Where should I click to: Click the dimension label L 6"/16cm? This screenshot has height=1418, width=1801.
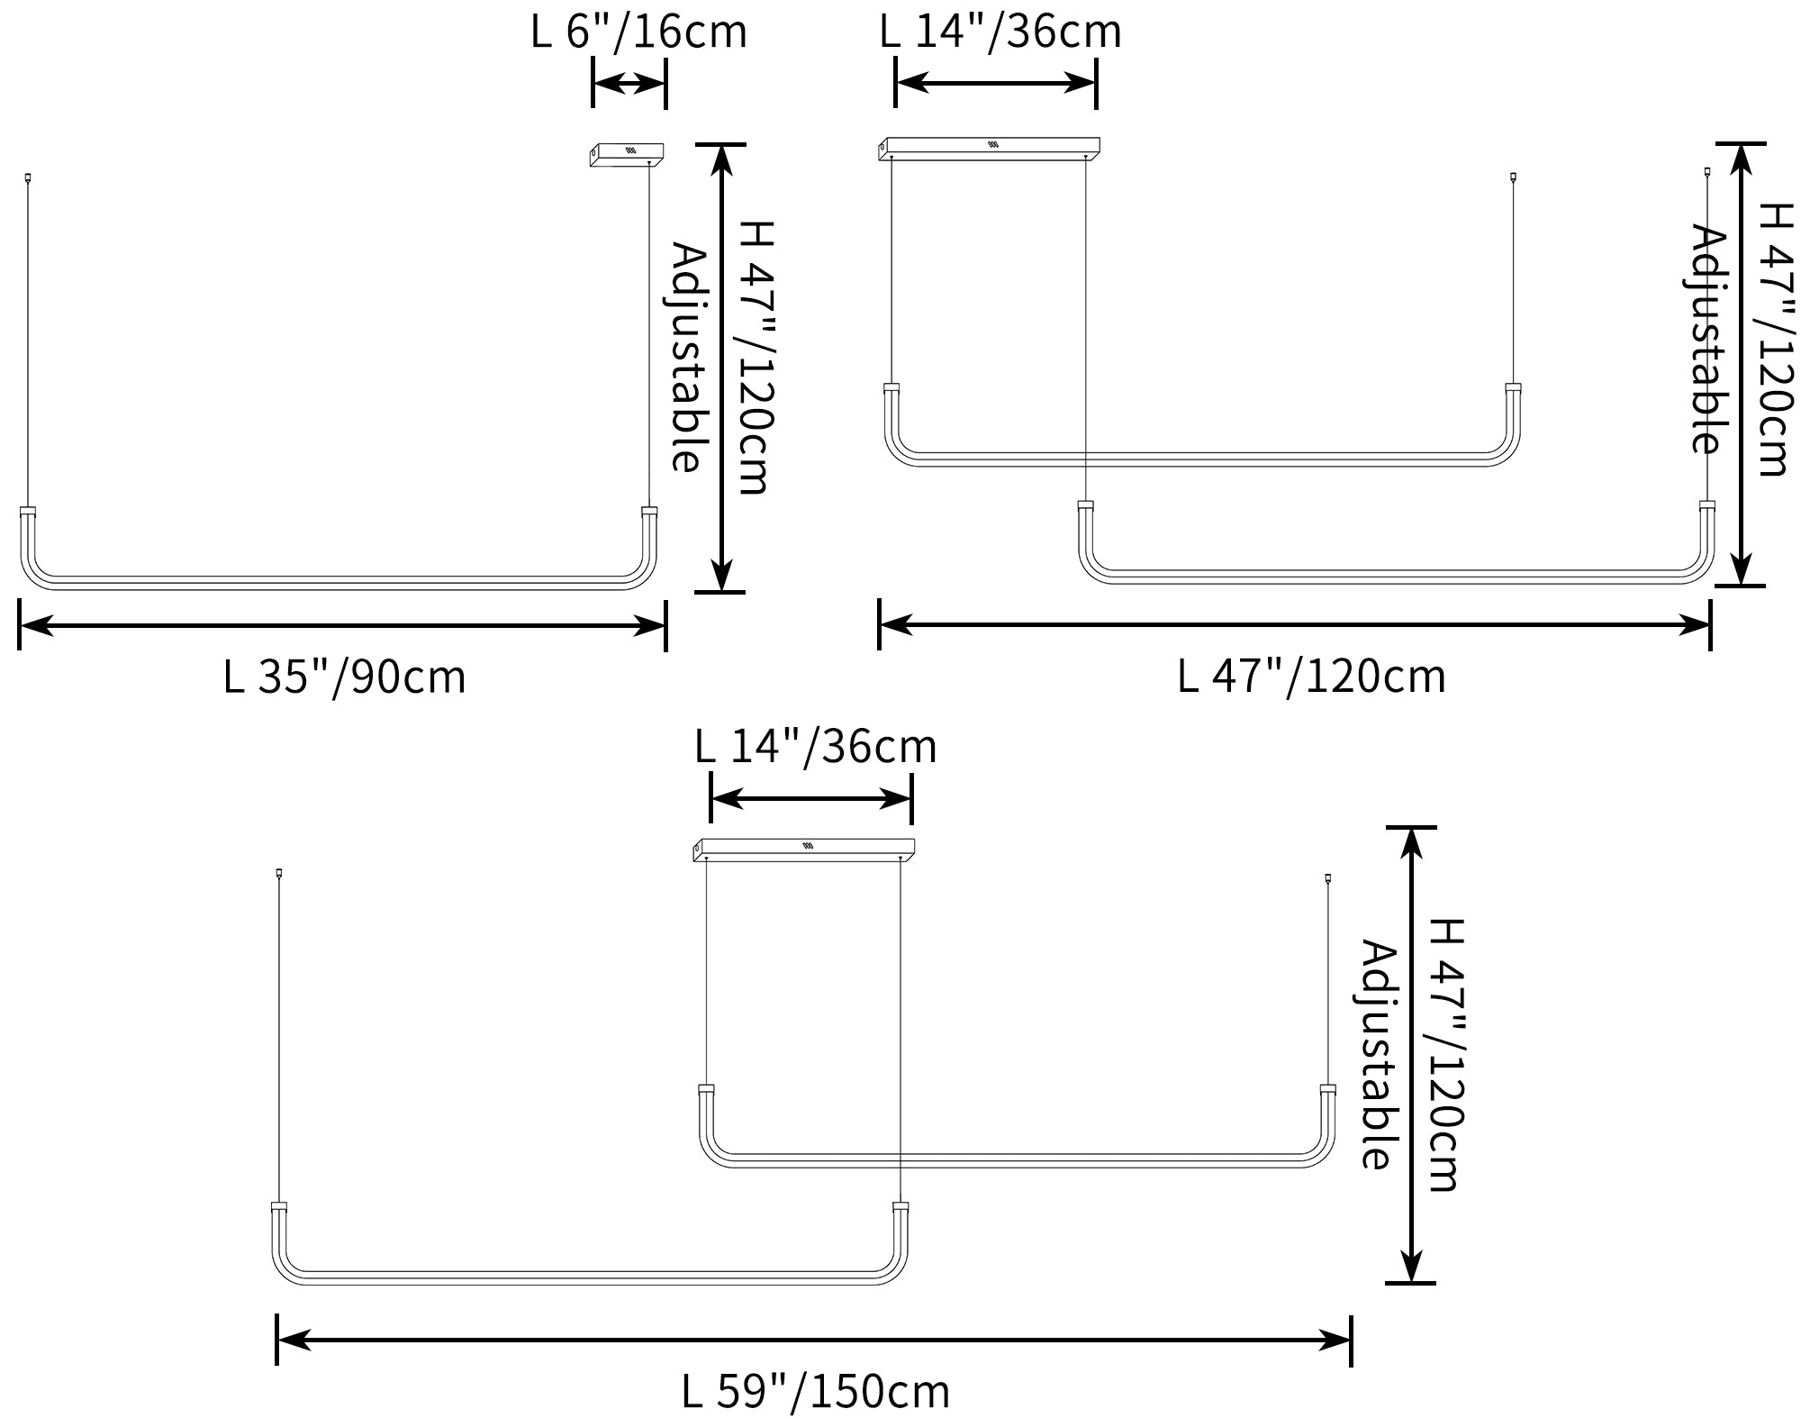(x=638, y=32)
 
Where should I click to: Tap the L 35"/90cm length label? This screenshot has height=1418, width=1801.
(x=344, y=677)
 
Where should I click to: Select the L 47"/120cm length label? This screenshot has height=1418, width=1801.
(x=1311, y=676)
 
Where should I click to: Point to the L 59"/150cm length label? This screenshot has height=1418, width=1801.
(x=815, y=1391)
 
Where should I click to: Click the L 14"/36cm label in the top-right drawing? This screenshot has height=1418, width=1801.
(x=1000, y=32)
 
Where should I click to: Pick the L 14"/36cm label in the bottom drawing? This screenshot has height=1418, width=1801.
(x=816, y=746)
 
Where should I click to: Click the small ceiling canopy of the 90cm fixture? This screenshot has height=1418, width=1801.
(x=627, y=155)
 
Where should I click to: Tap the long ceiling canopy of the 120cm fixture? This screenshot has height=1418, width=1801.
(x=989, y=149)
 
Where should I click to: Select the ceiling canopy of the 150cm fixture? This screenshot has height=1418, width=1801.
(x=804, y=850)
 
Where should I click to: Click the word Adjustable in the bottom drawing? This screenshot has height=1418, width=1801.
(x=1378, y=1055)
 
